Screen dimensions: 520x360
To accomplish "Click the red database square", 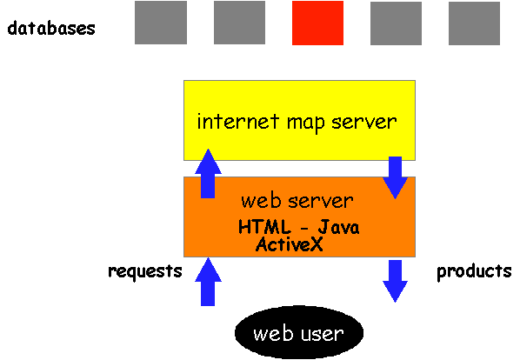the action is point(317,23).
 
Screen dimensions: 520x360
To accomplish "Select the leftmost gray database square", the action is point(161,23).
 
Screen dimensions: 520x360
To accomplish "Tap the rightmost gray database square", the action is point(474,23).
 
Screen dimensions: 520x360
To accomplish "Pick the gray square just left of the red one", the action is point(239,23).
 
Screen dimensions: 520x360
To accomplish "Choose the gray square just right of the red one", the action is point(396,23).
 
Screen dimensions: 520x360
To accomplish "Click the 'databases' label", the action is point(51,29).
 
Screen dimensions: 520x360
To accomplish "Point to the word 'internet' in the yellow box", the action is point(237,122).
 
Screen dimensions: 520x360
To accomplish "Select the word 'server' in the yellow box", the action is point(364,123).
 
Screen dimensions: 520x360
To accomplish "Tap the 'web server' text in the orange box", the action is point(297,201).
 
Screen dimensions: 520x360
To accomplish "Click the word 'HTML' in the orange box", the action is point(264,228).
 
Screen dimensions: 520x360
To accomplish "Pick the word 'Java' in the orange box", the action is point(338,228).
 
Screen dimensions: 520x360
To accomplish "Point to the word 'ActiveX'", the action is point(290,244).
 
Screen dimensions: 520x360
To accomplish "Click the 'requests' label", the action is point(145,271).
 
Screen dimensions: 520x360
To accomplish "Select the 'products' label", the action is point(474,271).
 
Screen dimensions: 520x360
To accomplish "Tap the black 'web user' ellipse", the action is point(299,332).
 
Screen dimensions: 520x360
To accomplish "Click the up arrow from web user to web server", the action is point(208,282).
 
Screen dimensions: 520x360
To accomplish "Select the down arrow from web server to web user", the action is point(395,281).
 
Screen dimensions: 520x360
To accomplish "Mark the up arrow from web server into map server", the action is point(208,173).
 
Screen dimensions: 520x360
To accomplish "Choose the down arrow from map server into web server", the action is point(395,177).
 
